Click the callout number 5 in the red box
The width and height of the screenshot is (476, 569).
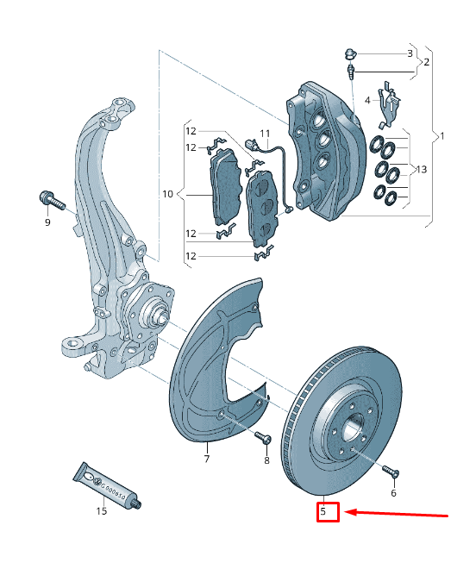tap(323, 512)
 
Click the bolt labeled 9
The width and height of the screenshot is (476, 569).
tap(51, 201)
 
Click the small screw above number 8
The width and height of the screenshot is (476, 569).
tap(263, 439)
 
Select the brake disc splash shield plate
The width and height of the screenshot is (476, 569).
tap(216, 362)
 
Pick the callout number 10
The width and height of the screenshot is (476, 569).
tap(168, 193)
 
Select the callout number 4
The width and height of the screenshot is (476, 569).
tap(367, 101)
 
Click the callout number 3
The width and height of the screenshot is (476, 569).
tap(410, 53)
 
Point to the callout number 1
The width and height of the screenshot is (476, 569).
tap(442, 136)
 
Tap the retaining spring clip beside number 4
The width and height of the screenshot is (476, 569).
tap(389, 99)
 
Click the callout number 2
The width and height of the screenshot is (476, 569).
tap(426, 62)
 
